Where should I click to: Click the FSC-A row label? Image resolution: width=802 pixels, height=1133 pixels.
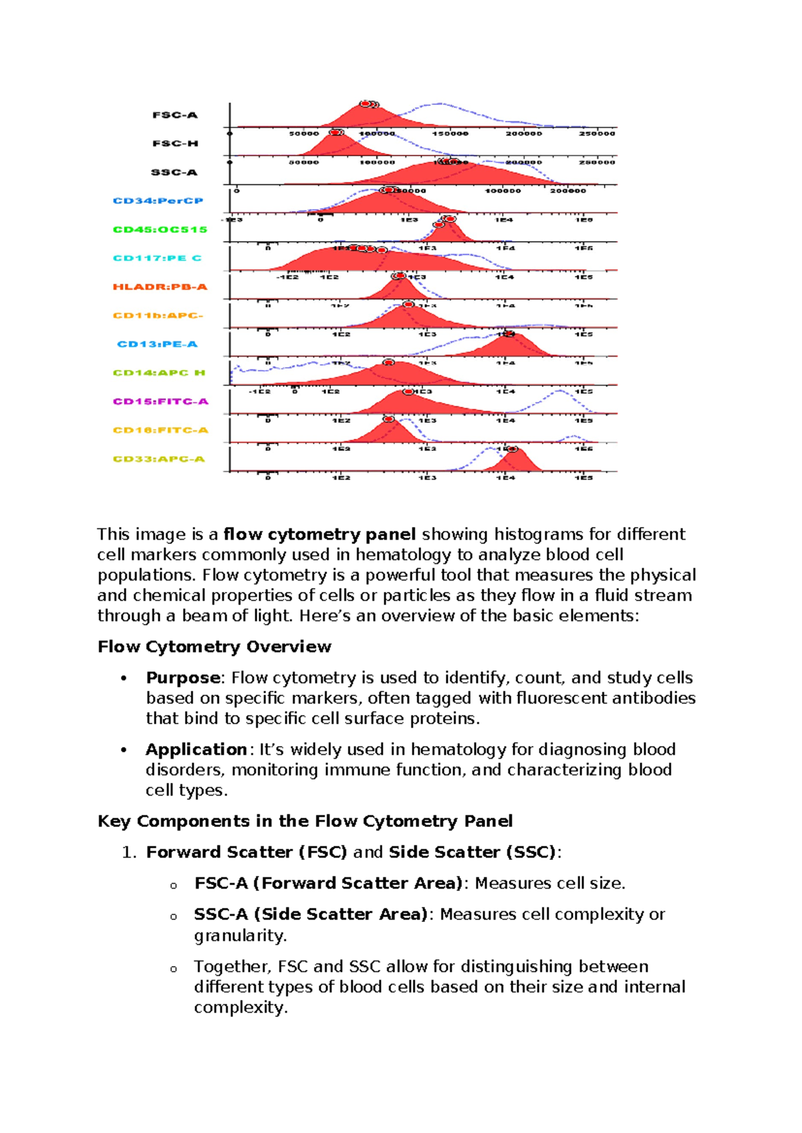click(174, 115)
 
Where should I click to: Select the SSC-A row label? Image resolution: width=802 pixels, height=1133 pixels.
click(174, 172)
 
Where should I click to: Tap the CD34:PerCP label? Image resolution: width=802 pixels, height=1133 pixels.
click(158, 200)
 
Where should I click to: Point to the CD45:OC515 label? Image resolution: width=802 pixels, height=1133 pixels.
click(160, 229)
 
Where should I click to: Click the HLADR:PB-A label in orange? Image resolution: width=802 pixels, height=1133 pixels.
click(160, 287)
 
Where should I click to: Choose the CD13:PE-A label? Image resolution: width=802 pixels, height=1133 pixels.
click(157, 344)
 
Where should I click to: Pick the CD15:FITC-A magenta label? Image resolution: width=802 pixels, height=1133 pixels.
click(160, 401)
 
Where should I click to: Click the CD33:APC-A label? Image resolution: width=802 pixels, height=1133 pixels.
click(158, 459)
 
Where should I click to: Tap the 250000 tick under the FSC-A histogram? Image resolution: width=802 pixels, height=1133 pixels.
click(596, 134)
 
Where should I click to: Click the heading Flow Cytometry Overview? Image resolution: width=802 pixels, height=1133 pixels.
click(214, 647)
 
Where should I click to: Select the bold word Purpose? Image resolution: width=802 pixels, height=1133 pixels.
click(182, 677)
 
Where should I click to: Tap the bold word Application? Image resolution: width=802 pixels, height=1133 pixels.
click(196, 749)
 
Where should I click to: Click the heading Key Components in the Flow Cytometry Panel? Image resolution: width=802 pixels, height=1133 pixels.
click(305, 821)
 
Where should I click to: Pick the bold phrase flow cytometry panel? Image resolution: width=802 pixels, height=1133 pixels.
click(319, 534)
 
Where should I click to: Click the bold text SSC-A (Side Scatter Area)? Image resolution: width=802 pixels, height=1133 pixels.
click(311, 914)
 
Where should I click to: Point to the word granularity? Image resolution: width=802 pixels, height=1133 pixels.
click(239, 935)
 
